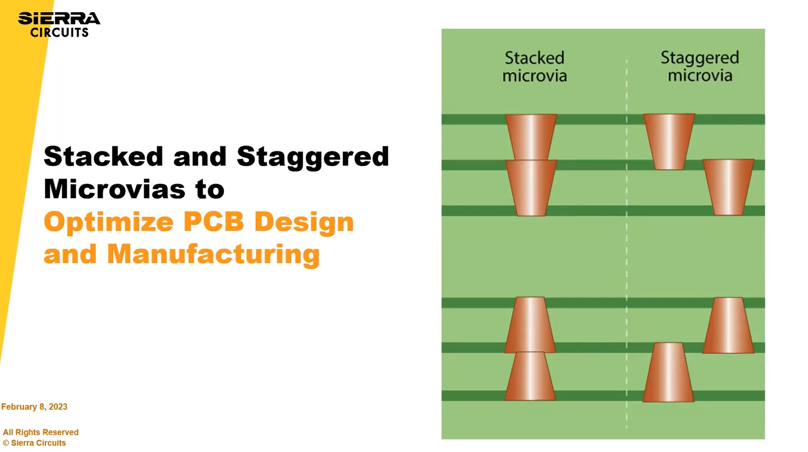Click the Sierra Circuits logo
[59, 25]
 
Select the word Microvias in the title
[114, 189]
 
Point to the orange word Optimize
[108, 222]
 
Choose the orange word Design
[304, 223]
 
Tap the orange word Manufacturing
[213, 255]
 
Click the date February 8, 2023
[34, 407]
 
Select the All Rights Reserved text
[41, 432]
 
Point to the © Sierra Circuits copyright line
[34, 443]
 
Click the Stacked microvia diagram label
[535, 67]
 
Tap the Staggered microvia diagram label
[700, 67]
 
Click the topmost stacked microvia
[531, 137]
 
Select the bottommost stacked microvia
[530, 376]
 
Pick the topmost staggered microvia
[669, 141]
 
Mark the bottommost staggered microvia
[668, 372]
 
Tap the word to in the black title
[210, 189]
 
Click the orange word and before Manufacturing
[70, 254]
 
